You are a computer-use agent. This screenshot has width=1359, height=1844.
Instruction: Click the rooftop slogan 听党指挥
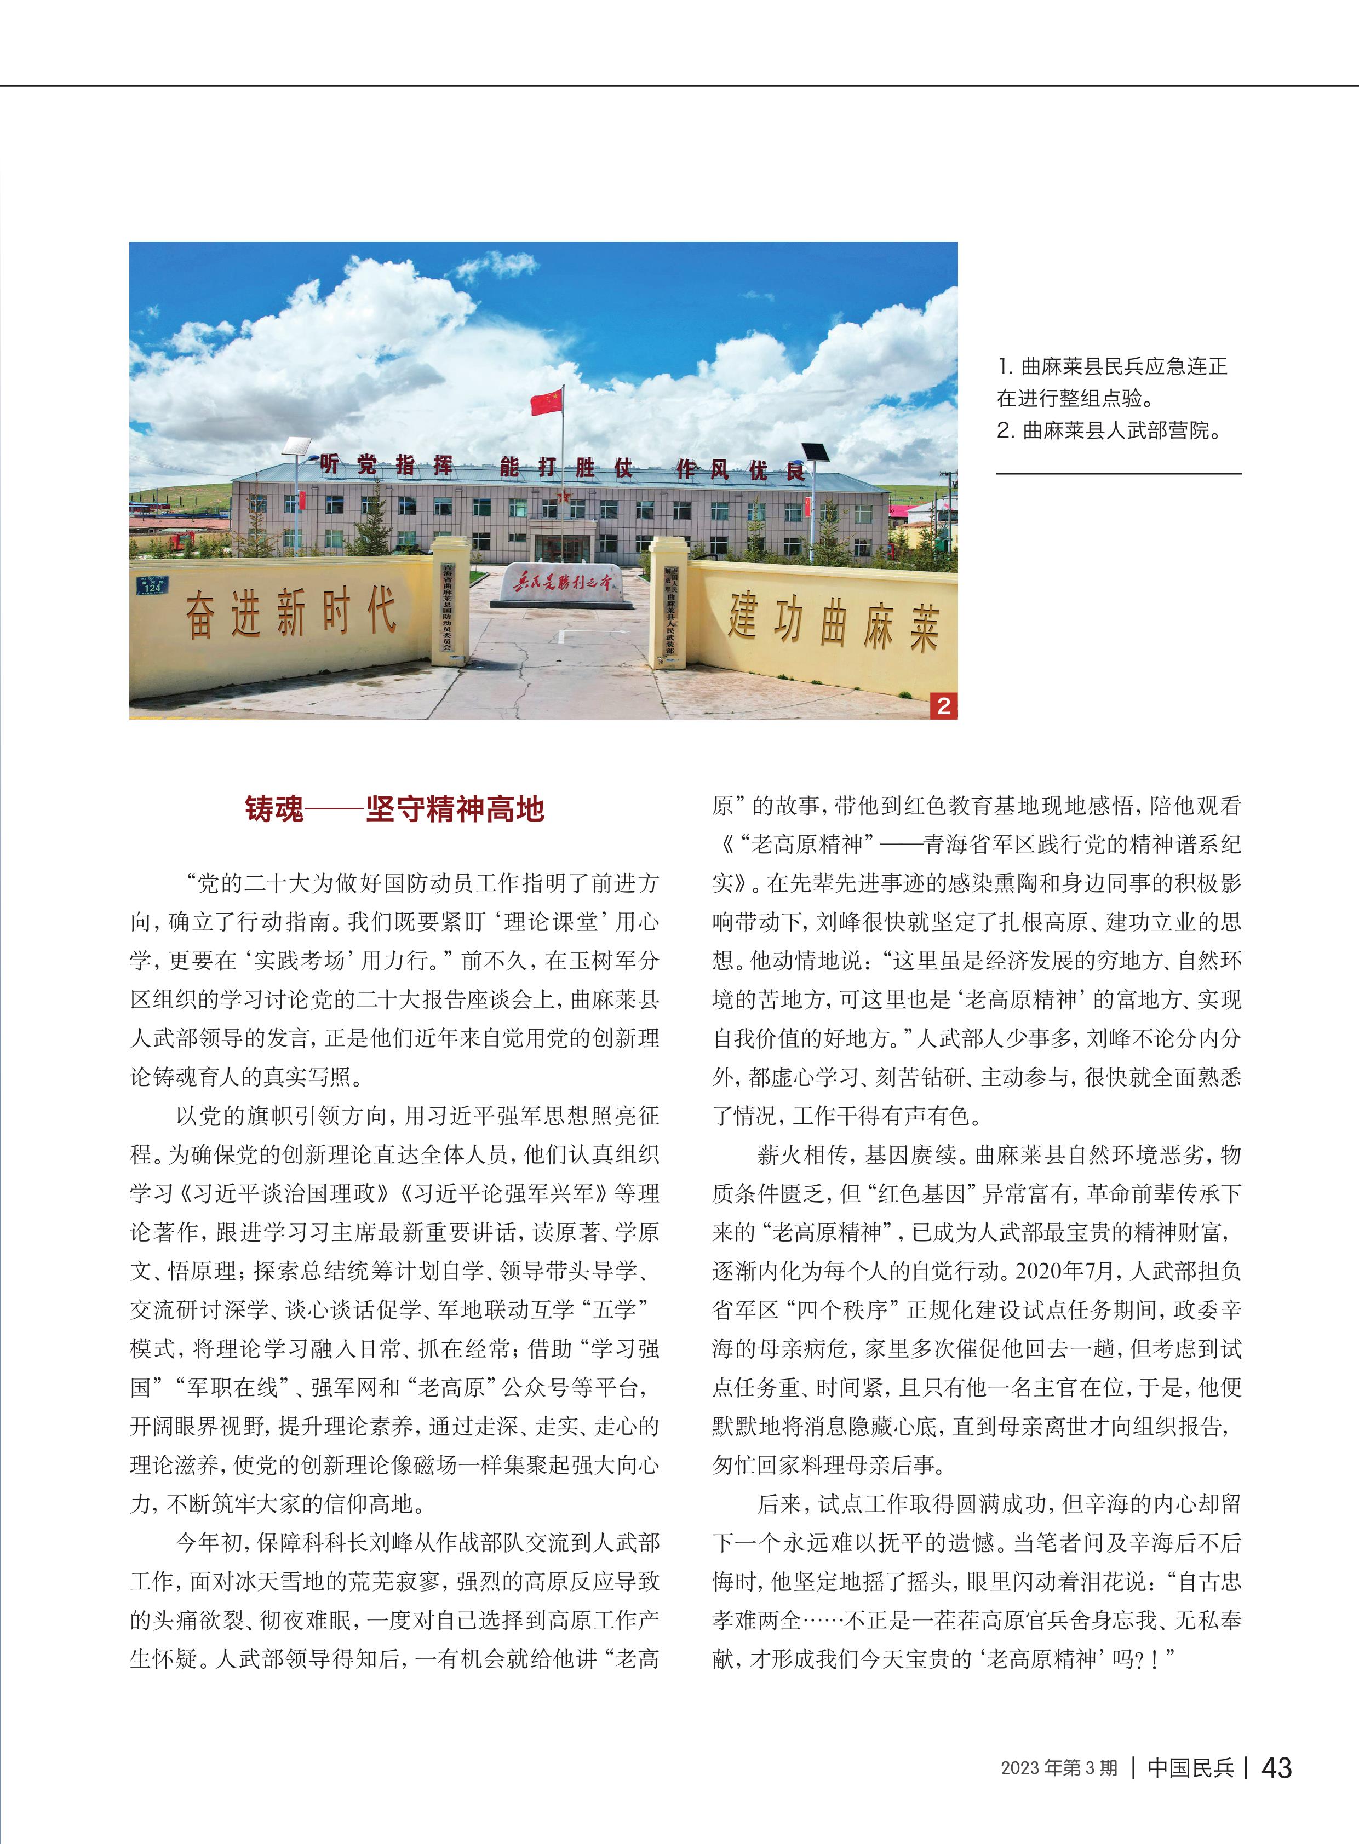pos(386,466)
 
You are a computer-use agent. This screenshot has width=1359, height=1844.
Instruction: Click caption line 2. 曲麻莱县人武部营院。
pos(1109,430)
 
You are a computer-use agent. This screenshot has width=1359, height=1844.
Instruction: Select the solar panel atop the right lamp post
pos(815,451)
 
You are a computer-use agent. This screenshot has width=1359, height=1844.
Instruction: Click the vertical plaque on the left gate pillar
pos(448,606)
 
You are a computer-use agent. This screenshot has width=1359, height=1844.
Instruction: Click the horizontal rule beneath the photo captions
pos(1119,474)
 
